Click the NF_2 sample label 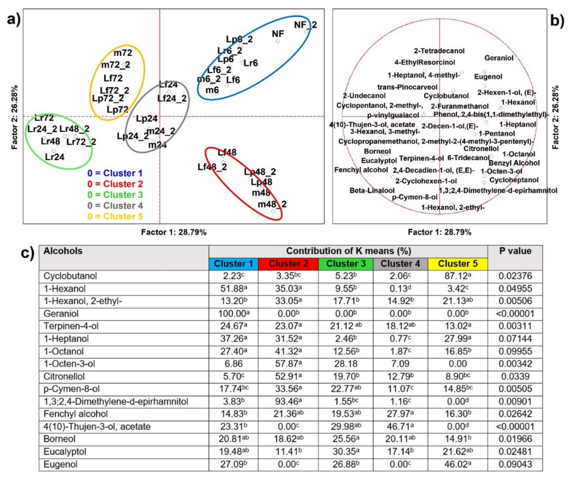pos(305,25)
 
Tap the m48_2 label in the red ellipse pos(272,204)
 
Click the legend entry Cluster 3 pos(115,195)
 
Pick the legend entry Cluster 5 pos(115,216)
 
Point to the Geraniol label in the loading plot pos(499,58)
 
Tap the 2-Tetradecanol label pos(439,51)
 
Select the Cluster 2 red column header pos(288,263)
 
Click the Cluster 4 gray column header pos(400,263)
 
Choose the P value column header pos(515,251)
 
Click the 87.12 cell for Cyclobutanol pos(458,276)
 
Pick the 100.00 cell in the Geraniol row pos(233,314)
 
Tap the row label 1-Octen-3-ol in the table pos(69,364)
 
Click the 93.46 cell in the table pos(288,402)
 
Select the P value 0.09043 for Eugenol pos(515,464)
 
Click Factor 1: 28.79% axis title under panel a pos(174,232)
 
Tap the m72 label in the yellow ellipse pos(123,53)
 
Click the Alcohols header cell pos(63,251)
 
